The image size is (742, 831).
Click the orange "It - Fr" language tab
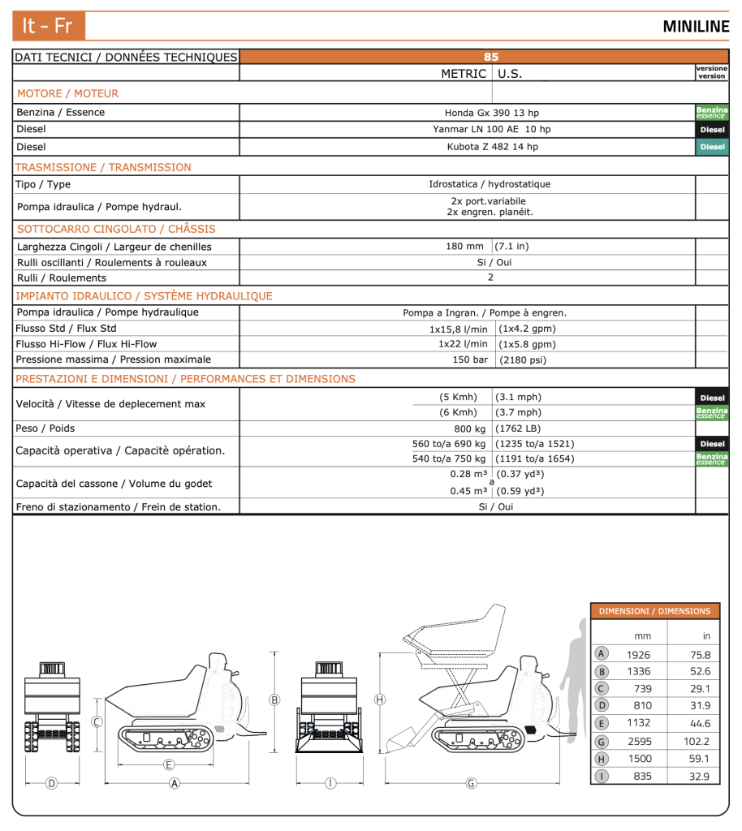tap(48, 26)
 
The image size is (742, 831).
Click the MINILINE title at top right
tap(696, 26)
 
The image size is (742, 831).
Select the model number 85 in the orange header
tap(490, 57)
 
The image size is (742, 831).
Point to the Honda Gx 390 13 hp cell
tap(491, 113)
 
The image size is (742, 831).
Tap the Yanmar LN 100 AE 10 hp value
tap(491, 129)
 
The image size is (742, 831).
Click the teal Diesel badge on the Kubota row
tap(711, 147)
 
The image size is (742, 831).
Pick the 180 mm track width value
tap(464, 246)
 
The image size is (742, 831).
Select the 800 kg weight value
tap(470, 428)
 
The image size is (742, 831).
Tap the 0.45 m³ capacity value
tap(468, 491)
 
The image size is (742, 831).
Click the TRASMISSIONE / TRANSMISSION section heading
tap(104, 167)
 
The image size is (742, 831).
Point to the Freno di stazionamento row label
tap(118, 507)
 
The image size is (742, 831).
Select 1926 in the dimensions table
tap(638, 655)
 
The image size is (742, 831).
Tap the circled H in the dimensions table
tap(602, 759)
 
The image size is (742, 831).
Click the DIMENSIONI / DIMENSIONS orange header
tap(654, 611)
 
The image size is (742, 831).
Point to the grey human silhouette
tap(573, 674)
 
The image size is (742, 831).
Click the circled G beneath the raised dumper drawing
tap(471, 783)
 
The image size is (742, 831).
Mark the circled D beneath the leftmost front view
tap(52, 783)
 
